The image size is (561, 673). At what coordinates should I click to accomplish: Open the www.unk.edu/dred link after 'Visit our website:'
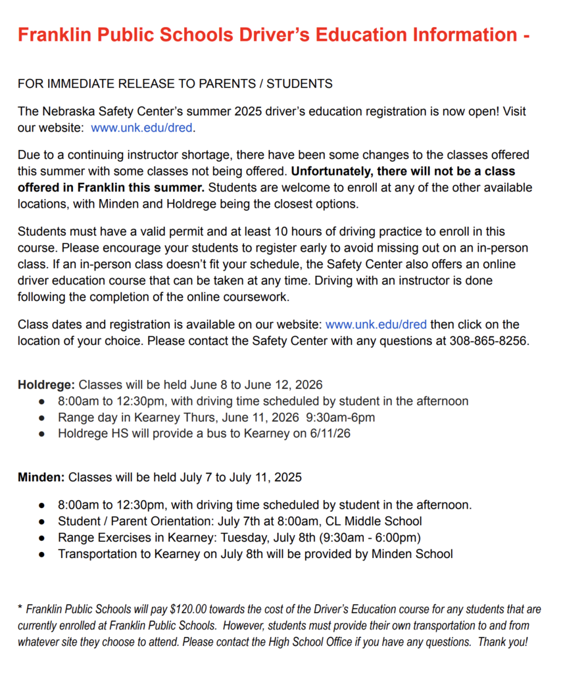click(143, 128)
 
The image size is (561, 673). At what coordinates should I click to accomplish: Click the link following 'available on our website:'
click(376, 325)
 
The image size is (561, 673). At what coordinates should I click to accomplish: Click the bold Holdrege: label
click(47, 384)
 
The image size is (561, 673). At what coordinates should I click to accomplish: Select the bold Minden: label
click(41, 477)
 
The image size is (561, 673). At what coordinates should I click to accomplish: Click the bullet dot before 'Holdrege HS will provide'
click(42, 434)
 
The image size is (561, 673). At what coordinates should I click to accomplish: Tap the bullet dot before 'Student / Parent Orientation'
click(42, 522)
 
